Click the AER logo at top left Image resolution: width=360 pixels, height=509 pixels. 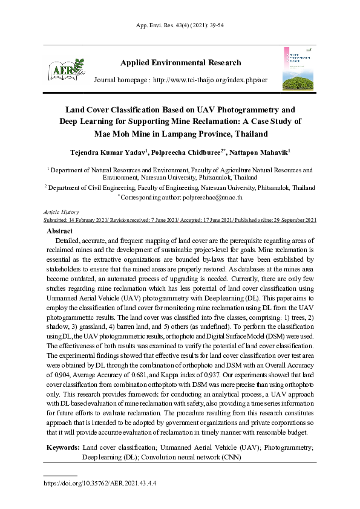pos(65,70)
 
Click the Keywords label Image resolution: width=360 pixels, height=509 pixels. pos(63,447)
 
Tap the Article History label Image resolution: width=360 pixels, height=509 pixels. pos(62,212)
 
